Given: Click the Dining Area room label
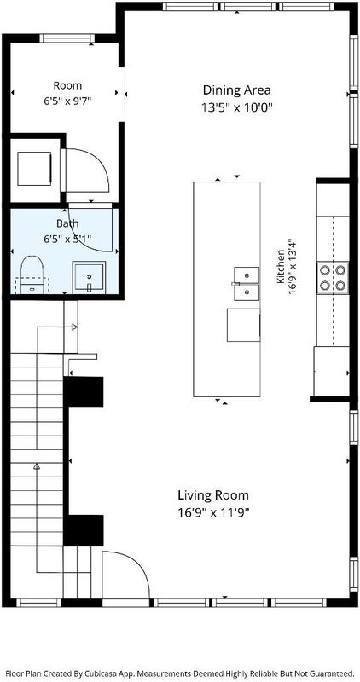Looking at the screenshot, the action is point(237,90).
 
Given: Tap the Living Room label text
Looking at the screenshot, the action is point(213,495).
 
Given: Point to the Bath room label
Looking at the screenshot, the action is point(67,223).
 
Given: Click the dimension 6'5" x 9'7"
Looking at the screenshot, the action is point(67,101).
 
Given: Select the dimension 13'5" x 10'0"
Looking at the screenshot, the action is point(237,107).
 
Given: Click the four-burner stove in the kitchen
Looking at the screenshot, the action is point(333,278).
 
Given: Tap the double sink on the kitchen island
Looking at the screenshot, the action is point(247,284).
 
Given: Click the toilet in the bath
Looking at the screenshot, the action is point(32,275).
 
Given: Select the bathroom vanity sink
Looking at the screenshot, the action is point(89,276).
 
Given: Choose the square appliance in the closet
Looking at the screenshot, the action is point(34,169).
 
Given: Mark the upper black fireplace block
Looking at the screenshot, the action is point(84,392).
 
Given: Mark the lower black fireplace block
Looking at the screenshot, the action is point(84,530).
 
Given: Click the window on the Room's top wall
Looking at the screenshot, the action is point(67,38).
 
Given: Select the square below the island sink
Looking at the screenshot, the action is point(243,325).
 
